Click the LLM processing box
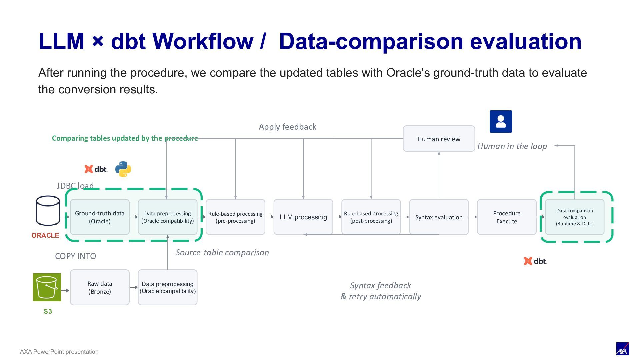[x=303, y=217]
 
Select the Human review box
[x=439, y=139]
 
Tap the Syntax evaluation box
[x=439, y=217]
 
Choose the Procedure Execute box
[x=507, y=217]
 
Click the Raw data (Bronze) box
[x=100, y=287]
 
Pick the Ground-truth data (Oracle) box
[x=100, y=217]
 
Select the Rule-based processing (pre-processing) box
[x=235, y=217]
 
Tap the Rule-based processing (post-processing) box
[x=371, y=217]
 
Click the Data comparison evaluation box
[x=575, y=217]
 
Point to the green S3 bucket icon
[x=47, y=287]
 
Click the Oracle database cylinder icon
[x=48, y=211]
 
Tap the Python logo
[x=123, y=169]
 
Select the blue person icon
[x=501, y=121]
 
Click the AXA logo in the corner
[x=623, y=349]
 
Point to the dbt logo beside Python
[x=96, y=169]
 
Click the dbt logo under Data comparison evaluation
[x=535, y=261]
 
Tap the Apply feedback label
[x=288, y=127]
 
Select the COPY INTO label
[x=75, y=256]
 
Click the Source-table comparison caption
[x=222, y=252]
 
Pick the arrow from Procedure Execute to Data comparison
[x=541, y=217]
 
